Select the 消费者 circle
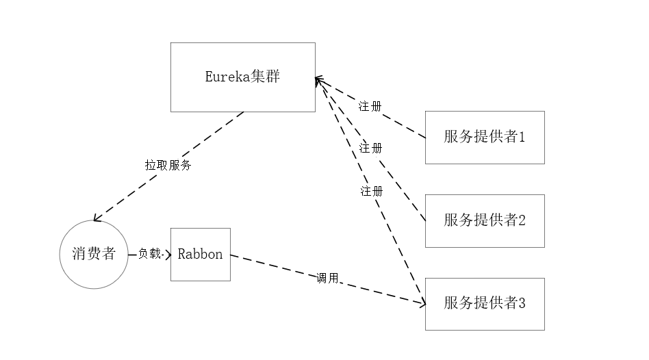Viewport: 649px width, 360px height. (94, 255)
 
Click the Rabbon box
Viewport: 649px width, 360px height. (201, 255)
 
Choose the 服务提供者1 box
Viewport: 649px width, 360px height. (485, 137)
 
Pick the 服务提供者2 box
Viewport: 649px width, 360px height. (485, 220)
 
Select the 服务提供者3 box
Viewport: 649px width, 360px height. (485, 304)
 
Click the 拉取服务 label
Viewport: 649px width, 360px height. (168, 165)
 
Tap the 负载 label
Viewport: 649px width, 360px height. (149, 254)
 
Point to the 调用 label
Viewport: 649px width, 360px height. (327, 278)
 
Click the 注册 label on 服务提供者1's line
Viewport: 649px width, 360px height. (370, 107)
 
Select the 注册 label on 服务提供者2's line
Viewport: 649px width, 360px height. (371, 148)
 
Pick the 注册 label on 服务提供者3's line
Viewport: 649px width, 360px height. (372, 191)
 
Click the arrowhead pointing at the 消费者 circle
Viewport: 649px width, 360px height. (97, 218)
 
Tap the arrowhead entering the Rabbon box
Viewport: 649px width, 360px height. (168, 255)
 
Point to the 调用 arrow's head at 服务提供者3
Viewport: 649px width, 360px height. (422, 303)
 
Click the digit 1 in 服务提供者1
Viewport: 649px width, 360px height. (522, 137)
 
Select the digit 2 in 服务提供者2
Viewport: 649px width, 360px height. (522, 220)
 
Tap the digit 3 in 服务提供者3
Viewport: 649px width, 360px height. (522, 304)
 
